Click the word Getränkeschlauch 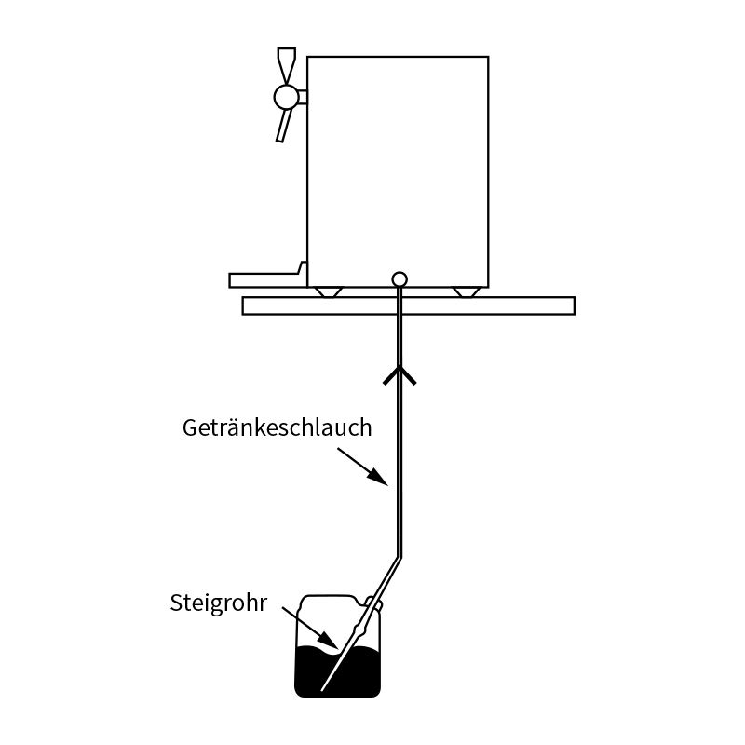pyautogui.click(x=277, y=427)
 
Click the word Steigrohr pyautogui.click(x=219, y=603)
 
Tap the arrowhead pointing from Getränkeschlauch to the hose pyautogui.click(x=379, y=477)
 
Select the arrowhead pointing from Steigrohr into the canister pyautogui.click(x=329, y=642)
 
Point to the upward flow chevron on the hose pyautogui.click(x=400, y=375)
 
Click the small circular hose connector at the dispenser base pyautogui.click(x=400, y=279)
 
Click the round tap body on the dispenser pyautogui.click(x=287, y=97)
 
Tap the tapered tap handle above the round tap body pyautogui.click(x=287, y=66)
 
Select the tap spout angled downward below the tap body pyautogui.click(x=285, y=126)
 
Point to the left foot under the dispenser pyautogui.click(x=329, y=292)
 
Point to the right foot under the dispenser pyautogui.click(x=467, y=292)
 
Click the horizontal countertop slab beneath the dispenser pyautogui.click(x=409, y=306)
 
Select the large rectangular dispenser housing pyautogui.click(x=399, y=172)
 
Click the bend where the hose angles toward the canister pyautogui.click(x=399, y=557)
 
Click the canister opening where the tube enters pyautogui.click(x=374, y=603)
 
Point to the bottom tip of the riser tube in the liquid pyautogui.click(x=322, y=690)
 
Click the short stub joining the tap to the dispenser pyautogui.click(x=304, y=97)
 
